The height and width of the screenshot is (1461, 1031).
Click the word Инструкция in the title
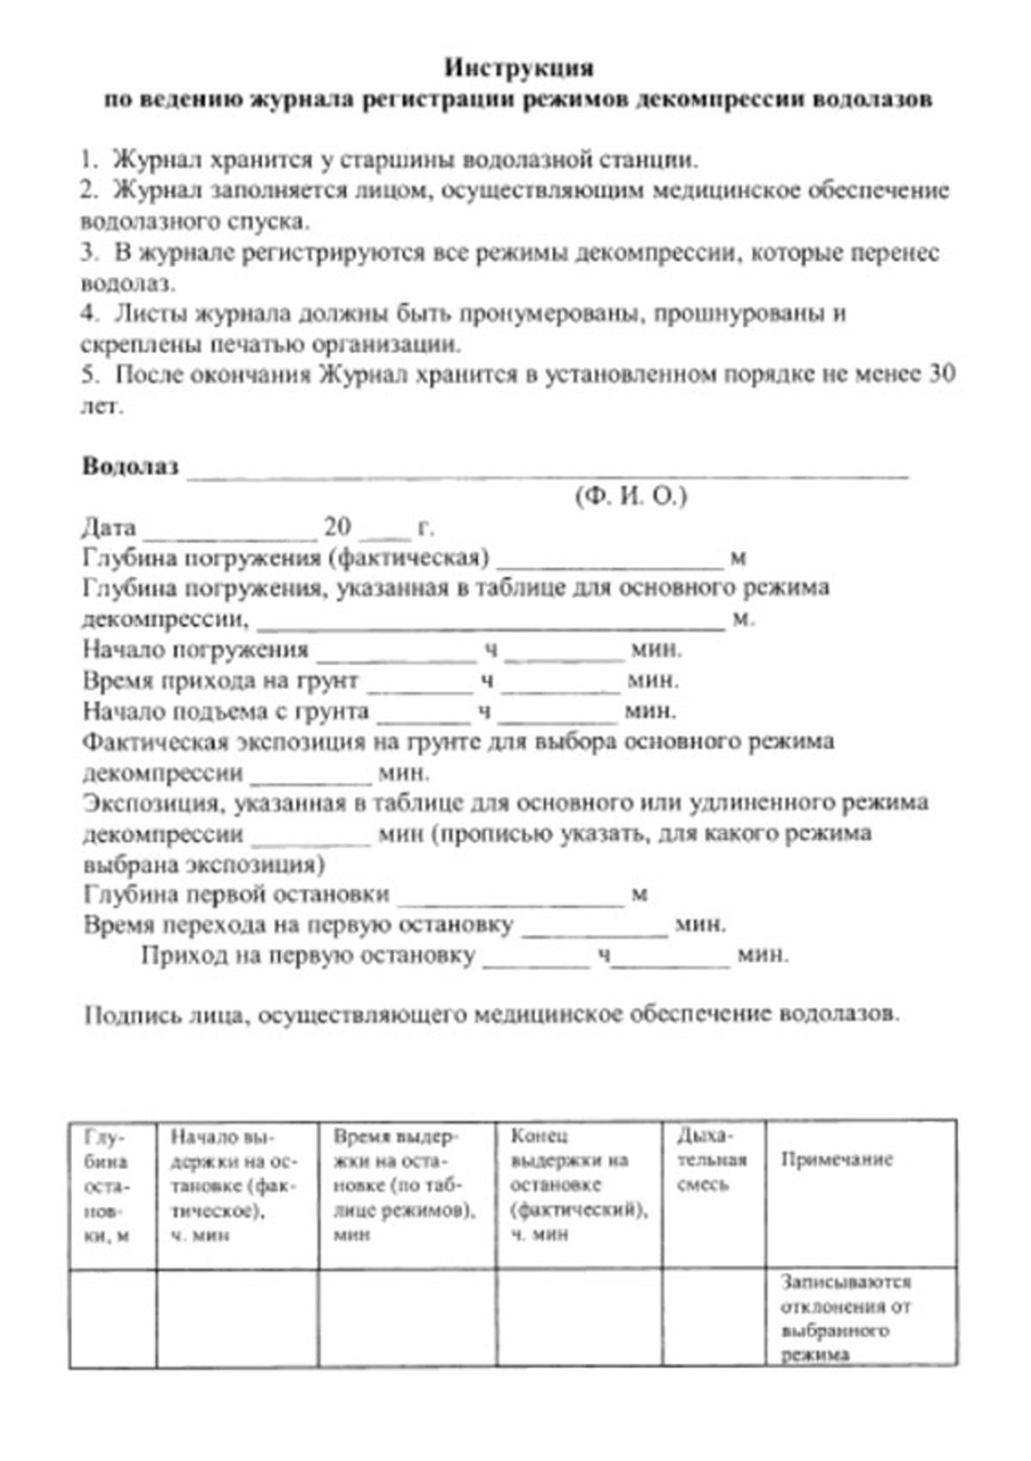[x=519, y=67]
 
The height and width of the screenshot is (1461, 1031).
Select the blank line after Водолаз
[x=547, y=471]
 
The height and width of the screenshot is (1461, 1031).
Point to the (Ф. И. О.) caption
[x=631, y=497]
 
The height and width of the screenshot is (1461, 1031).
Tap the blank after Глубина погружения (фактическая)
[x=610, y=563]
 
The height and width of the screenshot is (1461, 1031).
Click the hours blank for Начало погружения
[x=396, y=656]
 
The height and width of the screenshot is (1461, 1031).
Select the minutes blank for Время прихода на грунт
[x=560, y=687]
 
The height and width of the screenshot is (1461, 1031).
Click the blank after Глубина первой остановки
[x=511, y=901]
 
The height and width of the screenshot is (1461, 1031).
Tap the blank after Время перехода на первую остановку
[x=595, y=932]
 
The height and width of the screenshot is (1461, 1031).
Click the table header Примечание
[x=836, y=1159]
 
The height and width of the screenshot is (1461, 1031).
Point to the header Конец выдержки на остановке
[x=577, y=1185]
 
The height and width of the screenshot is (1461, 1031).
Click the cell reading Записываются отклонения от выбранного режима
[x=845, y=1317]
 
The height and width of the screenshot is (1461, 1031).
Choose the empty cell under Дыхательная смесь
[x=712, y=1317]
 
